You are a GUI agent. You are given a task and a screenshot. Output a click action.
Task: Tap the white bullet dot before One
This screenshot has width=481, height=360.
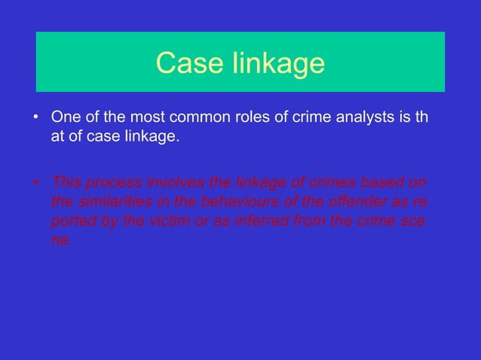[35, 118]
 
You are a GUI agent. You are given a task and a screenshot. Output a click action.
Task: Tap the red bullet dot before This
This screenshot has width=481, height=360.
[35, 185]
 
